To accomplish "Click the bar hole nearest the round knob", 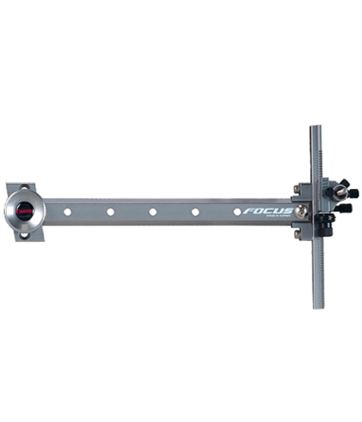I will pos(67,212).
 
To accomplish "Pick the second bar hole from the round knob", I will pos(110,212).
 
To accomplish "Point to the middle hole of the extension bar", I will pos(153,212).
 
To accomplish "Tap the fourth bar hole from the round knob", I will pos(196,212).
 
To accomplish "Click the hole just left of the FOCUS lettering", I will pos(237,211).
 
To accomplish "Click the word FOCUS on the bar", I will pos(267,211).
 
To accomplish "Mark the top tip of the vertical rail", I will pos(316,128).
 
